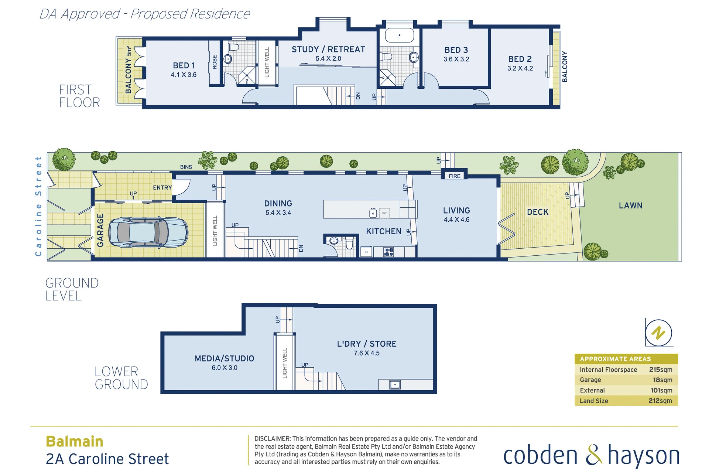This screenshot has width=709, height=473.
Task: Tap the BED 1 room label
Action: click(184, 65)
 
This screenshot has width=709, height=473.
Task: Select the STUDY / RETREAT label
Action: click(328, 50)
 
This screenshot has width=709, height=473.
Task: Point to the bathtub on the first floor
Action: click(400, 35)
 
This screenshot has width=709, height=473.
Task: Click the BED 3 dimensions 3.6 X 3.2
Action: click(456, 59)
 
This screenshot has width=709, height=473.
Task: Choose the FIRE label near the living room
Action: click(455, 176)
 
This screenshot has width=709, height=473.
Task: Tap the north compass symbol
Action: click(658, 333)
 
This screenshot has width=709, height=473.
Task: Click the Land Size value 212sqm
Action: click(660, 401)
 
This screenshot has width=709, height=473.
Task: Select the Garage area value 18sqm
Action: click(662, 380)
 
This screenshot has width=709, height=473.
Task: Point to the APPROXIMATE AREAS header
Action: click(615, 359)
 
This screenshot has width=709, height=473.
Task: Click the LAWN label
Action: click(631, 205)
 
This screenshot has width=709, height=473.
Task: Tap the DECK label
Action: click(538, 212)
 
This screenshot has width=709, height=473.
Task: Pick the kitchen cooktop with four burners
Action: click(389, 252)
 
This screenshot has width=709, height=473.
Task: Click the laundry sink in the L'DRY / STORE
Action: click(395, 385)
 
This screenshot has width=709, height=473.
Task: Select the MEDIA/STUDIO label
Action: click(225, 358)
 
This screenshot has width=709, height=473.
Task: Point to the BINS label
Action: click(186, 167)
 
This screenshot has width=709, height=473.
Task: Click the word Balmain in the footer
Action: click(75, 442)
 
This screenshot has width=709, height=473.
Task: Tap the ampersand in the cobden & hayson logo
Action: click(593, 455)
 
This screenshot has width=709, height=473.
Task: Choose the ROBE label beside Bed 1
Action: click(215, 62)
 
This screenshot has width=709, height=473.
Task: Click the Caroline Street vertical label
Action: click(38, 206)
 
